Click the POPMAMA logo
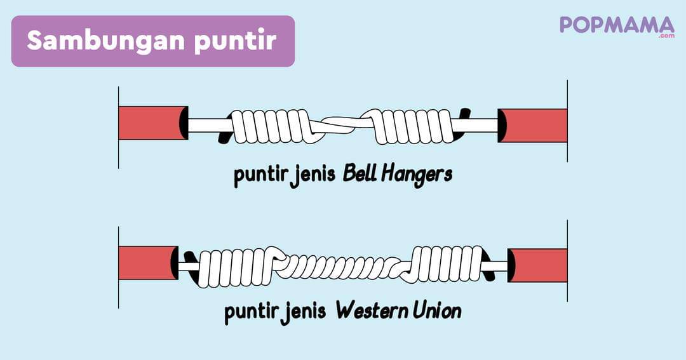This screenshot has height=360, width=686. tap(616, 25)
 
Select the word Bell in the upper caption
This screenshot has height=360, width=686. tap(360, 175)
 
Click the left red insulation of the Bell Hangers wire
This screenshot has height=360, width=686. tap(151, 123)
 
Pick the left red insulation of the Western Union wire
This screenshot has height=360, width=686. tap(147, 263)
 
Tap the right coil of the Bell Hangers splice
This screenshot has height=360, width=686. tap(415, 125)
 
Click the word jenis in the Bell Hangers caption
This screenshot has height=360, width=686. tap(315, 176)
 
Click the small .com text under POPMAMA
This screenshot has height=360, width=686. tap(666, 36)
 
